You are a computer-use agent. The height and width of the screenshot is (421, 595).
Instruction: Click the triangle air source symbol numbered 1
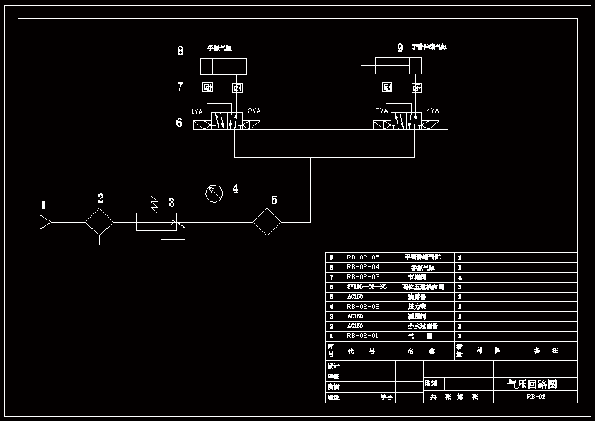tap(45, 223)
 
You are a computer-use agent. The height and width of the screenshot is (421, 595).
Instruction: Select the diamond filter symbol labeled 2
tap(100, 222)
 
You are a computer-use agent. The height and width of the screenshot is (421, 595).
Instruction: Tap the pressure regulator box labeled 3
tap(156, 222)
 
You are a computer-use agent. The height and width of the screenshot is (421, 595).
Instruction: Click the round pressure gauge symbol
tap(214, 192)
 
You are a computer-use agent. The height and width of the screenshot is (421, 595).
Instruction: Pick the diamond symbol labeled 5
tap(267, 222)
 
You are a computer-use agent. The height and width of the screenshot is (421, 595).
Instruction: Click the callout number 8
tap(180, 50)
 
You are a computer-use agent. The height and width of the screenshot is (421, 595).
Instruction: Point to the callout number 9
tap(400, 48)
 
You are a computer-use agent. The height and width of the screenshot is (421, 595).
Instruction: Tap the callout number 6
tap(179, 123)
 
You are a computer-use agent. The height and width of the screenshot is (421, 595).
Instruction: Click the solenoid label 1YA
tap(197, 112)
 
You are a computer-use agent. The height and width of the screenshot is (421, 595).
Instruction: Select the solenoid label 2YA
tap(254, 111)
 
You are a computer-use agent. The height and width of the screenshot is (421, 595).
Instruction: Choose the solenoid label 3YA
tap(381, 111)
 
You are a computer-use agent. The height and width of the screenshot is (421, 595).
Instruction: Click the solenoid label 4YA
tap(432, 111)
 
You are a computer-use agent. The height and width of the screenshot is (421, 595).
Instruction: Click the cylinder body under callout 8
tap(224, 67)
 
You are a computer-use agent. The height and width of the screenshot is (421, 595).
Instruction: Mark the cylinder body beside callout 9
tap(398, 67)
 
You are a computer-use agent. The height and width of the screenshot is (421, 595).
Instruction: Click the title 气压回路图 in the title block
tap(533, 384)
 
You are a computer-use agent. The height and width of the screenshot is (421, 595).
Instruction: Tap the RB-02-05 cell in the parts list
tap(363, 257)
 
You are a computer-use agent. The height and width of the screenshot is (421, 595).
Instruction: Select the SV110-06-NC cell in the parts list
tap(366, 287)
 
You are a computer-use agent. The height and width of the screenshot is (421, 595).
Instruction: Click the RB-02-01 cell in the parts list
tap(363, 336)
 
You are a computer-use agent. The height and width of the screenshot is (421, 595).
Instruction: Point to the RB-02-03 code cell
tap(363, 277)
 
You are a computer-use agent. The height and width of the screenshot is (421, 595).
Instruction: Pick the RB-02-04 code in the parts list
tap(363, 267)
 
